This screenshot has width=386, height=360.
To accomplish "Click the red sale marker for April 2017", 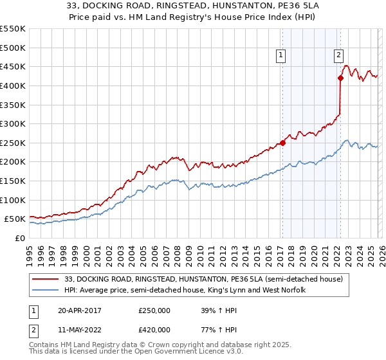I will point(282,143).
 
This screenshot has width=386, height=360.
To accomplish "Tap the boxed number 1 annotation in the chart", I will point(282,56).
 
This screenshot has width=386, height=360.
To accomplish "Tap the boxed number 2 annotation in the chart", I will point(338,55).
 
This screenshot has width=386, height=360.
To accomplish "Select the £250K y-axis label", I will point(13,143).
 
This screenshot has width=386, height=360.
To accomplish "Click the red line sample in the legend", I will point(45,279).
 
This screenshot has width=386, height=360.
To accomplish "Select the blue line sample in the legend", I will point(45,291).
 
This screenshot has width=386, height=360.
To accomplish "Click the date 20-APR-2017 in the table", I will point(79,310).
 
